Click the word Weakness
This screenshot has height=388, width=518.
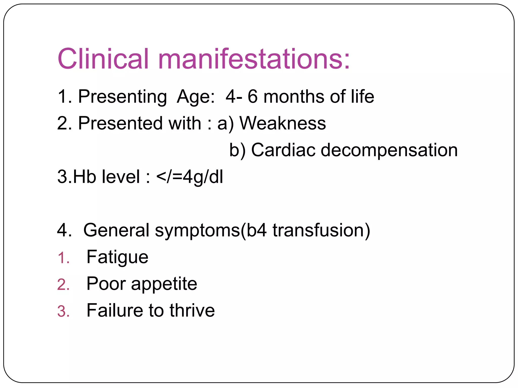(x=283, y=124)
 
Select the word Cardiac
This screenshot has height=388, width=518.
(x=283, y=150)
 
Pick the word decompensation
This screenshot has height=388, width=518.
(x=389, y=151)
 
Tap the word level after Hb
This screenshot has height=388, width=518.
(x=121, y=177)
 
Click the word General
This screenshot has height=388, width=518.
(x=116, y=230)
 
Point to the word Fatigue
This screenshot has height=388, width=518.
(x=117, y=257)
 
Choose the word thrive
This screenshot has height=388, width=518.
(x=192, y=310)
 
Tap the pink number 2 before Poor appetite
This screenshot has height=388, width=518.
(x=63, y=285)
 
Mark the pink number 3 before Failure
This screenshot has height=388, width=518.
(x=63, y=311)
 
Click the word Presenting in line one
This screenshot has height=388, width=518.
(x=122, y=97)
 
